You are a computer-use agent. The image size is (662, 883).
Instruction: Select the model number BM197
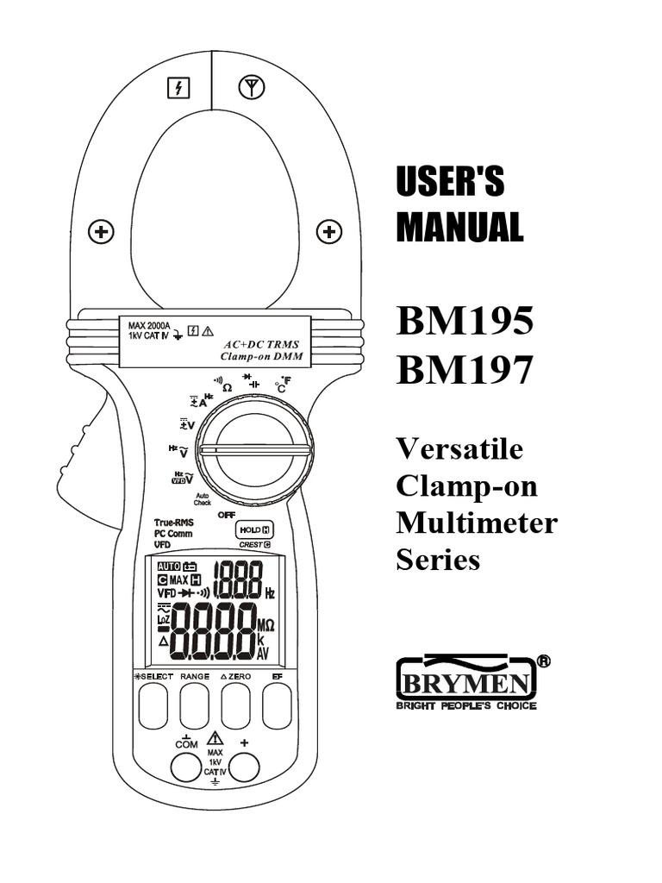pos(465,372)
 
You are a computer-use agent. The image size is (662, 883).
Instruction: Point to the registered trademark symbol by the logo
pos(543,661)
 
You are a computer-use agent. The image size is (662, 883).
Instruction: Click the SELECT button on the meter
pos(153,707)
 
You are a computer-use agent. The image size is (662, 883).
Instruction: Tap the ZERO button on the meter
pos(235,707)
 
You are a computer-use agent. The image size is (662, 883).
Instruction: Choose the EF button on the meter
pos(277,707)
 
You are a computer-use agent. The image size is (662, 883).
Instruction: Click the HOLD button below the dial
pos(253,531)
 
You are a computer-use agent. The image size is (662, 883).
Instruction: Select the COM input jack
pos(185,767)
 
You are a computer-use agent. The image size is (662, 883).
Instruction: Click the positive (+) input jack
pos(245,767)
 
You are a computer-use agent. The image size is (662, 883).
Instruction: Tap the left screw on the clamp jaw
pos(102,231)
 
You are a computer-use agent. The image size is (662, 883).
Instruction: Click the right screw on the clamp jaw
pos(328,231)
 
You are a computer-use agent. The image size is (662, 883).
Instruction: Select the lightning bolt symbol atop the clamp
pos(178,87)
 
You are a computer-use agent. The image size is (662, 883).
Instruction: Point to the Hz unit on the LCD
pos(270,594)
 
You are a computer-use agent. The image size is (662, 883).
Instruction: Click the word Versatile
pos(459,449)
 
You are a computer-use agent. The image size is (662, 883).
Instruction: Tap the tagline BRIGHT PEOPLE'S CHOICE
pos(465,706)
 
